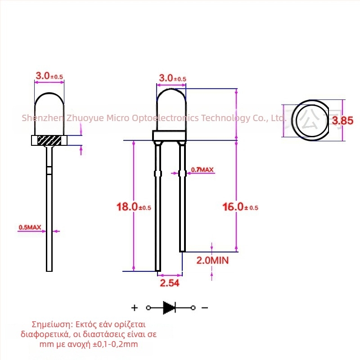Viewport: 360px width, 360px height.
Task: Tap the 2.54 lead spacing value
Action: click(169, 283)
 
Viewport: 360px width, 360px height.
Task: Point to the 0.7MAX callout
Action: click(202, 170)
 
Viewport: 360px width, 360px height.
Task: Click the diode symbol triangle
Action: click(169, 308)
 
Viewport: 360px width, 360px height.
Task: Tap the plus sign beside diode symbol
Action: click(134, 308)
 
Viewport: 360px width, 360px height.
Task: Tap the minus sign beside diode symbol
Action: click(205, 308)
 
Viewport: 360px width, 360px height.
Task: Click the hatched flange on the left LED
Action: click(49, 140)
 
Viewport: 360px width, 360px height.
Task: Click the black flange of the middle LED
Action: click(169, 136)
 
